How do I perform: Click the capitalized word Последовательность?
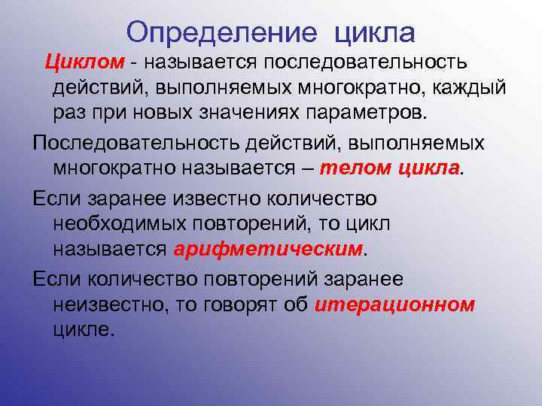(x=132, y=143)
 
